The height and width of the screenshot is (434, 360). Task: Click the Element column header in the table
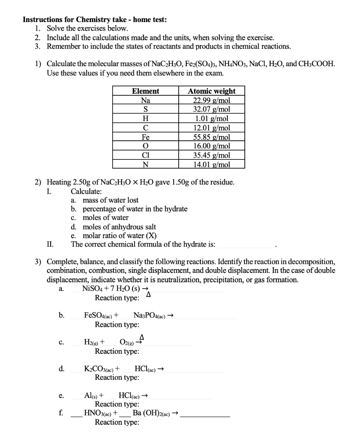tap(146, 91)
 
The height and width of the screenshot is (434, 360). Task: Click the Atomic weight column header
tap(211, 91)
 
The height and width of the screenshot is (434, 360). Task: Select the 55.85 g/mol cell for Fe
tap(211, 137)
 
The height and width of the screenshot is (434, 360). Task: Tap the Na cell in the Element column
tap(146, 100)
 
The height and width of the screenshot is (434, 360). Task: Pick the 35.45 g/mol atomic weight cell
tap(211, 155)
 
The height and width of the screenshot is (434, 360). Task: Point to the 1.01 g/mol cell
tap(211, 119)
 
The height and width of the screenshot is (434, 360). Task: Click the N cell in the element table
tap(146, 164)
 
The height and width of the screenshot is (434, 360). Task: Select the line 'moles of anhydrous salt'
tap(119, 227)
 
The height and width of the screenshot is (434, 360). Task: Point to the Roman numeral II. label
tap(50, 245)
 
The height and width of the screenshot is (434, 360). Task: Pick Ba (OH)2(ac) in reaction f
tap(152, 413)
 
